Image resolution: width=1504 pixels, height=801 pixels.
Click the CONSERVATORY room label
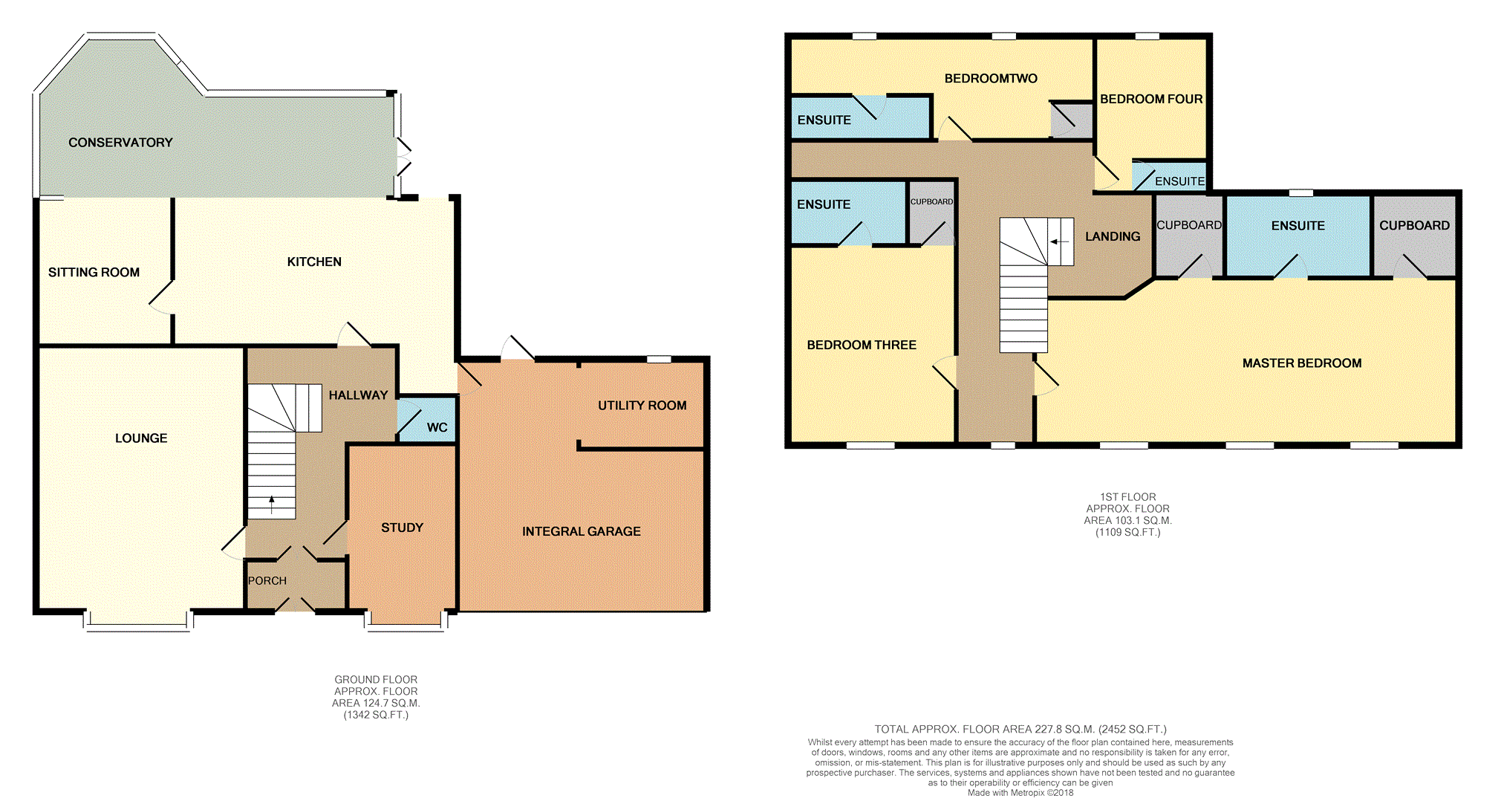point(120,143)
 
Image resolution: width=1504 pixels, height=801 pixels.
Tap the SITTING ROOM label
point(94,273)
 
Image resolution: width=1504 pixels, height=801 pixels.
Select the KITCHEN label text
point(314,262)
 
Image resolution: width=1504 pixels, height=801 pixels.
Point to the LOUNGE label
point(141,438)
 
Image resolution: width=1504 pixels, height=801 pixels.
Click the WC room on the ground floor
point(427,420)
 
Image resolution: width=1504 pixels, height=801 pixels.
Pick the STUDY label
point(402,528)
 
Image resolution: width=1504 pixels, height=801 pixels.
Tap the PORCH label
point(267,581)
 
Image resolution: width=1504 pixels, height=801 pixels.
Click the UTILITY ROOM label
point(642,406)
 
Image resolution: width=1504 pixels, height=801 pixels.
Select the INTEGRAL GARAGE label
point(582,531)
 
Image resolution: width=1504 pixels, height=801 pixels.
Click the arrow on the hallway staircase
point(272,505)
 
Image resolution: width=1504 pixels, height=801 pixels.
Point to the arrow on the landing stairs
point(1060,241)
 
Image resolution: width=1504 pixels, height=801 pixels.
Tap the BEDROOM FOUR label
point(1151,100)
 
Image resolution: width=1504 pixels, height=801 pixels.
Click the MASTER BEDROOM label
point(1302,363)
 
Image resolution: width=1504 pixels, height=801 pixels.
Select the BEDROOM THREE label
point(862,345)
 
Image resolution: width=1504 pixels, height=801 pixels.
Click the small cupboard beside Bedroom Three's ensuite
point(931,213)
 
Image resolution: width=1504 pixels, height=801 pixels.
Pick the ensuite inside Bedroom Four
point(1169,177)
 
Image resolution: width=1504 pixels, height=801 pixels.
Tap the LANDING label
point(1113,236)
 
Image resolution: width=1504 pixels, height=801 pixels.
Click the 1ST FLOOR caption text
point(1127,497)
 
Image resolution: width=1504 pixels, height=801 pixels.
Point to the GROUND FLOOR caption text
point(376,680)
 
